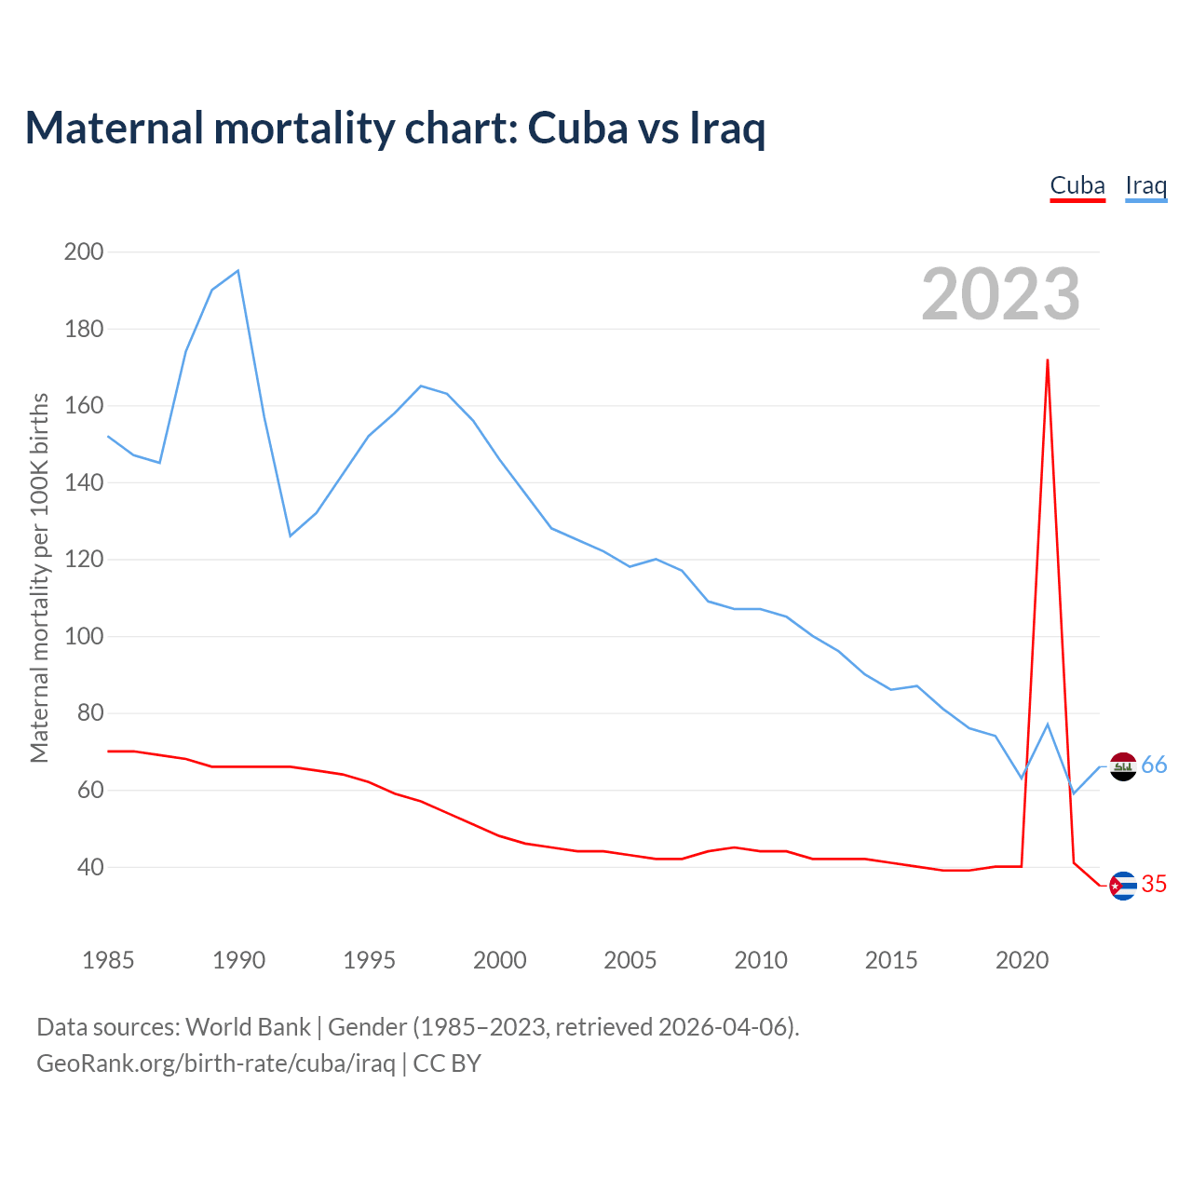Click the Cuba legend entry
[1077, 185]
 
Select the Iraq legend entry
[1145, 185]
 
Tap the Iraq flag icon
[1123, 766]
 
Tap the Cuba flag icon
[1123, 885]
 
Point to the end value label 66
[1154, 765]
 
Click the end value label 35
[1154, 884]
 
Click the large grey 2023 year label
[1001, 294]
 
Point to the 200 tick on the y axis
[84, 251]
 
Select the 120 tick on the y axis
[84, 560]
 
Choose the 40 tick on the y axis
[89, 867]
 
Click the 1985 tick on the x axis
[108, 960]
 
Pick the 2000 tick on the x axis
[500, 960]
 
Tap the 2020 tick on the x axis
[1023, 960]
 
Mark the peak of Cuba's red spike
[1048, 360]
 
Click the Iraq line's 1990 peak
[238, 271]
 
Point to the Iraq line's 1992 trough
[291, 535]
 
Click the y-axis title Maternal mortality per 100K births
[39, 577]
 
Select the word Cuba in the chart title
[577, 128]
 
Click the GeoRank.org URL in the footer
[216, 1063]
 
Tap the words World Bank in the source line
[248, 1027]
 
